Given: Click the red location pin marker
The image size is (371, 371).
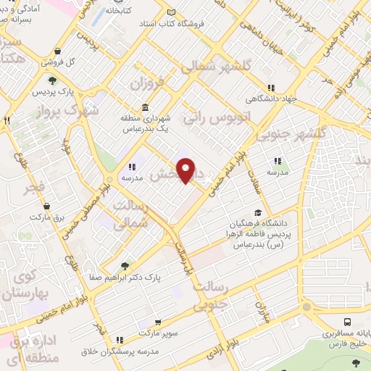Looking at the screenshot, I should tap(187, 171).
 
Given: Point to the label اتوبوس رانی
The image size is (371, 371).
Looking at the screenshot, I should tap(206, 114).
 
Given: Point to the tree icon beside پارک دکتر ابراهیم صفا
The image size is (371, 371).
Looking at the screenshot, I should tap(126, 266).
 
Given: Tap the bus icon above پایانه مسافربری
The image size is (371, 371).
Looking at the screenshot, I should tap(348, 322).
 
